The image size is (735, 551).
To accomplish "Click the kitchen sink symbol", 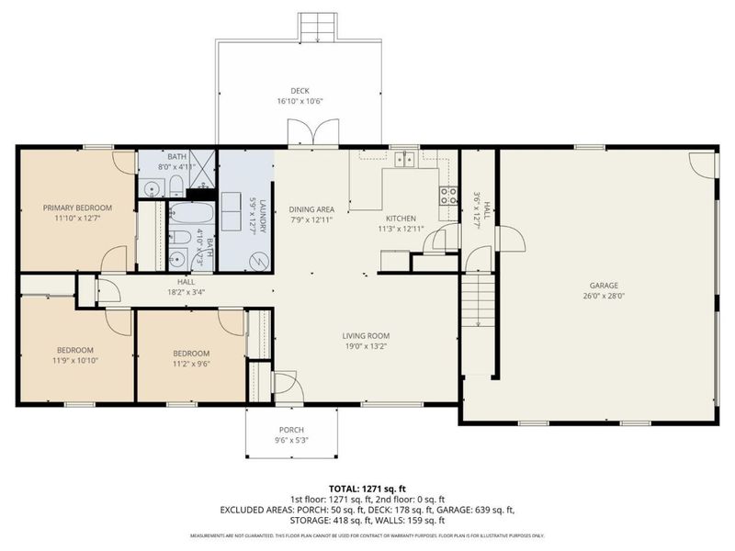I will tap(404, 160).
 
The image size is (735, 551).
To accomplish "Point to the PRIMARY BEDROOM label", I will tap(77, 208).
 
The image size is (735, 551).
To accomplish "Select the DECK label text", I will tap(300, 90).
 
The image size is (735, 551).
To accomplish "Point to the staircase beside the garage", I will tap(478, 303).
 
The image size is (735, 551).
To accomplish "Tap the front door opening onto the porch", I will tap(284, 386).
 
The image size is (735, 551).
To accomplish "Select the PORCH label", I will tap(291, 430).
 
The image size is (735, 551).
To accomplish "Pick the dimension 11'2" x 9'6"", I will tap(191, 365).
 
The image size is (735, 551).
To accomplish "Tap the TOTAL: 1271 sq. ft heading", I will tap(367, 489).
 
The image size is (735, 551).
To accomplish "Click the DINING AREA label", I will tap(311, 208).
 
